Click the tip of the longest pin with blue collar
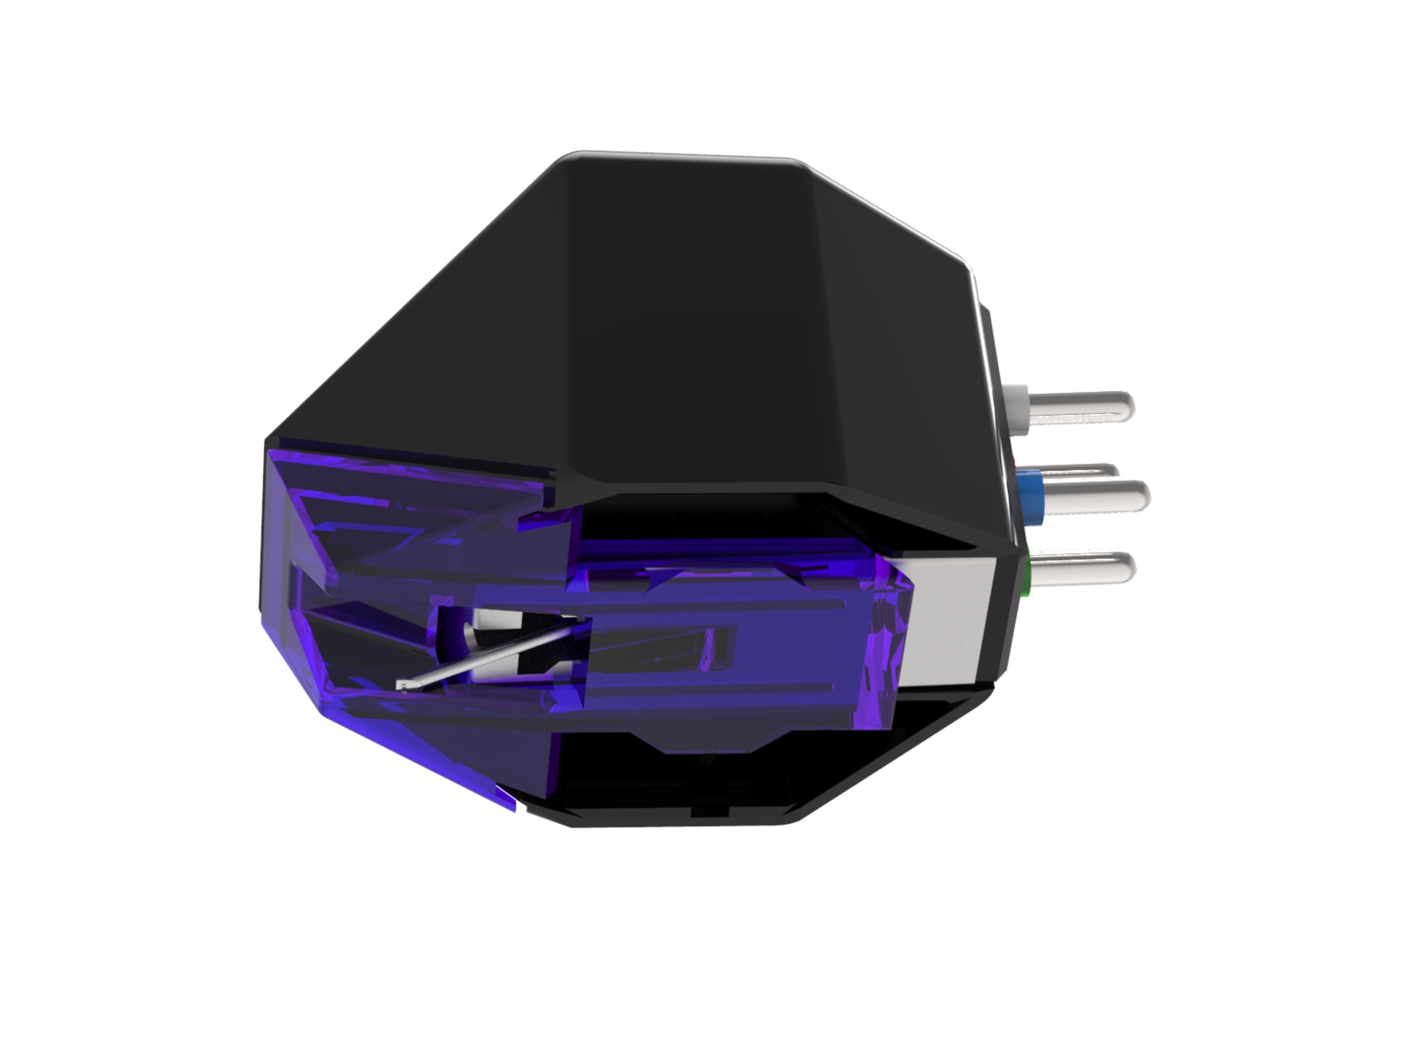point(1142,495)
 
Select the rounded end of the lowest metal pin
point(1126,567)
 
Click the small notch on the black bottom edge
point(711,811)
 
